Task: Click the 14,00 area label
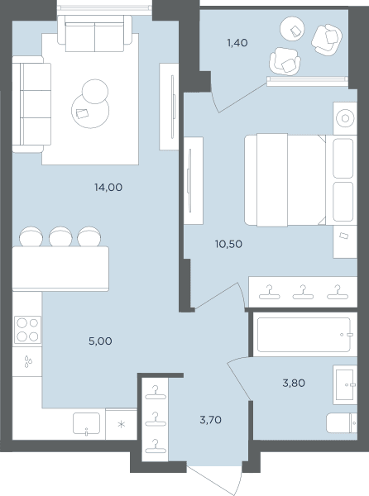[x=108, y=188]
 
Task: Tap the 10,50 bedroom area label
[x=228, y=244]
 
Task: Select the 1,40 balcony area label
[x=237, y=42]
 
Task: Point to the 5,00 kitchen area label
[x=100, y=341]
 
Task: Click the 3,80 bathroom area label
[x=294, y=383]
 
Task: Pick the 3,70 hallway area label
[x=210, y=420]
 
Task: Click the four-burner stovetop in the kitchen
[x=27, y=330]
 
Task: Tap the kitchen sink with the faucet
[x=86, y=423]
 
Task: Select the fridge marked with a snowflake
[x=121, y=424]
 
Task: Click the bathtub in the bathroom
[x=304, y=335]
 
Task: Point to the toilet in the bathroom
[x=342, y=423]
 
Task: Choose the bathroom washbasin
[x=345, y=384]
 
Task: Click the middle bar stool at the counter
[x=60, y=236]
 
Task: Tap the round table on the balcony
[x=292, y=29]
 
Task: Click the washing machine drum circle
[x=345, y=118]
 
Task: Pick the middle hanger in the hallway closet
[x=156, y=420]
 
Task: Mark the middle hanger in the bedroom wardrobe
[x=303, y=293]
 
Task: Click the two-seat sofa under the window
[x=94, y=33]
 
